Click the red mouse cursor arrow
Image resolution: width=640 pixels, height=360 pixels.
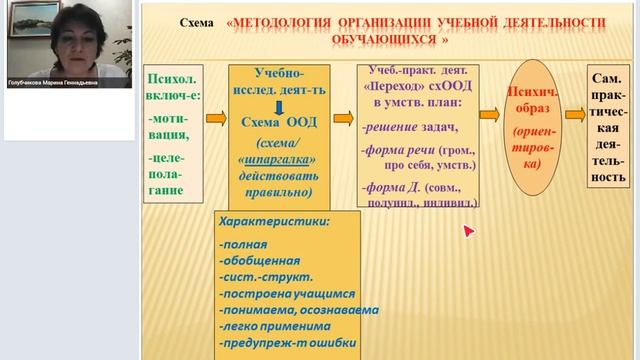467,232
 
